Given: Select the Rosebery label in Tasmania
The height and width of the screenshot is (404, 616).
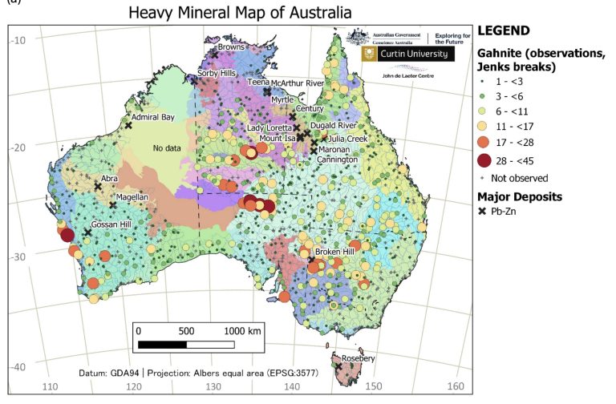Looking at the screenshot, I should click(x=359, y=358).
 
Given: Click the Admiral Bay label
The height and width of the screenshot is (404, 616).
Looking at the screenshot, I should click(x=153, y=117).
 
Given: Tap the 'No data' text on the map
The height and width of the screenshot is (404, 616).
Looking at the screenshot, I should click(x=169, y=148).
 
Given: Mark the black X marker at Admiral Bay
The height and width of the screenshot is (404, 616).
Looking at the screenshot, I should click(x=128, y=124).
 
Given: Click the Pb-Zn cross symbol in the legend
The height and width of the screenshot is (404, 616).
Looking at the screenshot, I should click(x=485, y=212).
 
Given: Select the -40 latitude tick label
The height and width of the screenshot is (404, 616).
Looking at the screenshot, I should click(x=18, y=366).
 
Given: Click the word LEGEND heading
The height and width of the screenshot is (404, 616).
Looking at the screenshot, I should click(x=503, y=30).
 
